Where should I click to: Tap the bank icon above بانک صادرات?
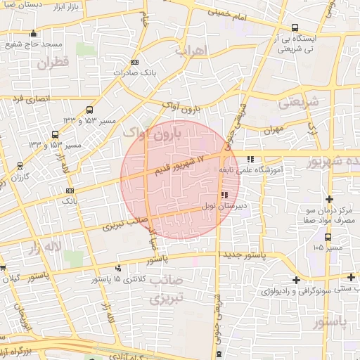pyautogui.click(x=145, y=62)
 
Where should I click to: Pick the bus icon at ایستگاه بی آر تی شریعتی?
pyautogui.click(x=294, y=29)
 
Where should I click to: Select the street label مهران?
pyautogui.click(x=273, y=131)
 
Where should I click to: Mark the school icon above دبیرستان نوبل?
pyautogui.click(x=224, y=195)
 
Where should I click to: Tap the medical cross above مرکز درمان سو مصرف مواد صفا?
pyautogui.click(x=329, y=198)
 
